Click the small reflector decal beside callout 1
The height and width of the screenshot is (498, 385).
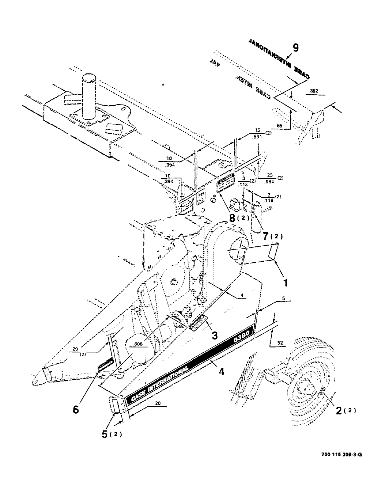click(272, 251)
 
